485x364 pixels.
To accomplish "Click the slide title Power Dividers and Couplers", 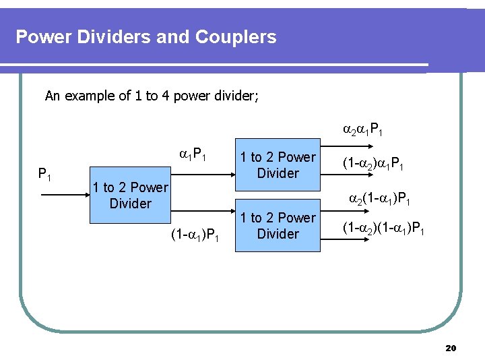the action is (145, 36).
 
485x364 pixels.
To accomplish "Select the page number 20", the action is (451, 348).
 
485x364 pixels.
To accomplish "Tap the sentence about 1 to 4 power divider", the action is (152, 96).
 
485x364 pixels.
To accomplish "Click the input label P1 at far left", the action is (45, 175).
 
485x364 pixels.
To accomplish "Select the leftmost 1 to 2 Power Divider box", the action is (130, 195).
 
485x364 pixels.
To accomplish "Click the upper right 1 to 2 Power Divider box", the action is (278, 165).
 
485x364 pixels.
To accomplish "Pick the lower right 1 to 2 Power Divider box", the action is (278, 226).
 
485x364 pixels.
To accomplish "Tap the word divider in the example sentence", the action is (236, 96).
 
